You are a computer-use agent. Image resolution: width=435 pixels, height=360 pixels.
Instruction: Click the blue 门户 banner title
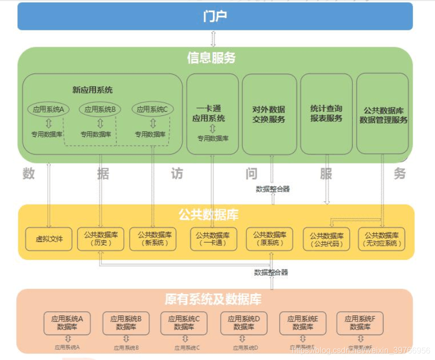215,16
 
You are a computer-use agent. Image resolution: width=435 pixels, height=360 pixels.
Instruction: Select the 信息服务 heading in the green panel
211,58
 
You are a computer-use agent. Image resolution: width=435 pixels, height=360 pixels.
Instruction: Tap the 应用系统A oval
48,109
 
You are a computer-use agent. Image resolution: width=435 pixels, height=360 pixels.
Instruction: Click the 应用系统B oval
100,109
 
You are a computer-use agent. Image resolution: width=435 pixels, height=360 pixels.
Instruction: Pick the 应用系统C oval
152,109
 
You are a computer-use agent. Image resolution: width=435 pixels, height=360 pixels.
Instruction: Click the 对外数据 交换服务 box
269,114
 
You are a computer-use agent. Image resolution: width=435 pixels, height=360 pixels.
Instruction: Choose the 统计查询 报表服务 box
326,113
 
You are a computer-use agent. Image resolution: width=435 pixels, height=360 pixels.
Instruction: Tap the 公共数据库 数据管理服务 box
383,115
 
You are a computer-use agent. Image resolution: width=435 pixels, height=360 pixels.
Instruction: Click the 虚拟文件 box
49,239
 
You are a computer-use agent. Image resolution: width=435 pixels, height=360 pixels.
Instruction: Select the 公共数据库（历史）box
101,239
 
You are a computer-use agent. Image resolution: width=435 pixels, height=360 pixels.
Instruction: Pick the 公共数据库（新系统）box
154,239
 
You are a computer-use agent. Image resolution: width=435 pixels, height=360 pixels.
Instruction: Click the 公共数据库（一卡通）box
213,239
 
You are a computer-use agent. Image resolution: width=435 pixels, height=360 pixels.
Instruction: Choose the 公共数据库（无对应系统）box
382,239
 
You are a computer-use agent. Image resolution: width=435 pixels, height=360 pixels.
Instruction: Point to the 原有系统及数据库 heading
213,300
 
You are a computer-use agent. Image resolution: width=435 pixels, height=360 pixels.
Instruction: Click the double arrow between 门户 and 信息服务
213,39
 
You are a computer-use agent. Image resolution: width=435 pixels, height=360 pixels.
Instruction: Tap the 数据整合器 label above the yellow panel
273,189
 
